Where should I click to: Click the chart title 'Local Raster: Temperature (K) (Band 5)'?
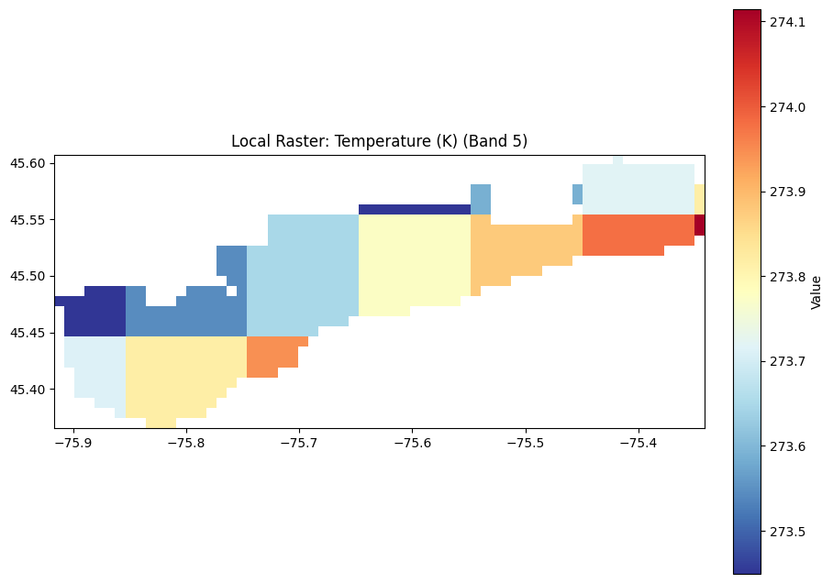(x=379, y=141)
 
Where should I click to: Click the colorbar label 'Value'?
(x=816, y=291)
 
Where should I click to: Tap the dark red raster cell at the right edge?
(x=699, y=225)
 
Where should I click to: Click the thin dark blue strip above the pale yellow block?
(x=414, y=209)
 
